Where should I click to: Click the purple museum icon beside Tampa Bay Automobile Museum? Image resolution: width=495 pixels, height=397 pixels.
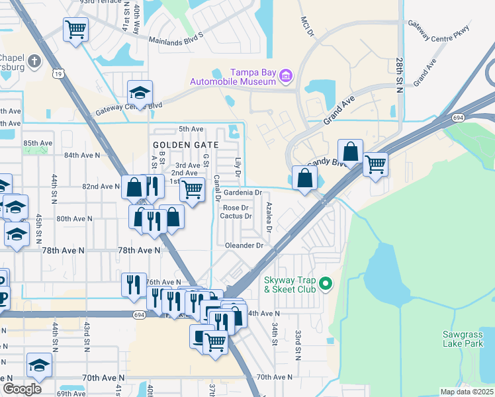pyautogui.click(x=286, y=76)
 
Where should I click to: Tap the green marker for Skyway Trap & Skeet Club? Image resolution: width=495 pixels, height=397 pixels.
pyautogui.click(x=325, y=284)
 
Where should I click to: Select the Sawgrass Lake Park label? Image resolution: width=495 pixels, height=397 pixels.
pyautogui.click(x=467, y=339)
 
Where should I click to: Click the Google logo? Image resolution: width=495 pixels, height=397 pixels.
pyautogui.click(x=22, y=389)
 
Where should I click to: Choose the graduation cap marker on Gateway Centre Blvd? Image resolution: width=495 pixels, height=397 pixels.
pyautogui.click(x=140, y=93)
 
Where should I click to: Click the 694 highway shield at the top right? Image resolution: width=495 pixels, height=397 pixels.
pyautogui.click(x=458, y=117)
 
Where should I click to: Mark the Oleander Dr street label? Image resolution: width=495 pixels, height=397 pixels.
pyautogui.click(x=245, y=245)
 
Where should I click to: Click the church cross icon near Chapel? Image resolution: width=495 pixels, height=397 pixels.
pyautogui.click(x=35, y=61)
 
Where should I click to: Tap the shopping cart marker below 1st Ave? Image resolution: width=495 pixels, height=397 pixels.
pyautogui.click(x=192, y=191)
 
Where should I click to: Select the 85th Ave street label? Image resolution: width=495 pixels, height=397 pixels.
pyautogui.click(x=38, y=143)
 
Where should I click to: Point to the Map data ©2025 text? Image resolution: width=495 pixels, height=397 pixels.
pyautogui.click(x=467, y=392)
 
